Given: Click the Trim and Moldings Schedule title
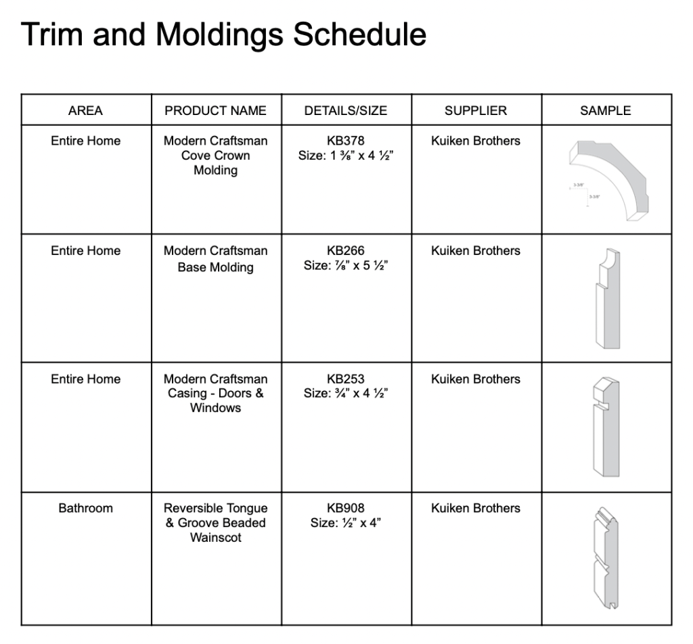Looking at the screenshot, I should coord(223,34).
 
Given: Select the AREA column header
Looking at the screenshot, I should coord(85,110).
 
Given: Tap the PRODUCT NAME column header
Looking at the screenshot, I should coord(215,110).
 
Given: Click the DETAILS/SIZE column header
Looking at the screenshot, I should coord(345,110).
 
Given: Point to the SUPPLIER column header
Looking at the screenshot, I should coord(475,110).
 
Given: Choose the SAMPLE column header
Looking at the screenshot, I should coord(605,110).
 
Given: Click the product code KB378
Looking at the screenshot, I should coord(345,141).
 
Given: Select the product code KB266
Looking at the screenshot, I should coord(345,250).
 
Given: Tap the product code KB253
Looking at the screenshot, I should coord(345,379).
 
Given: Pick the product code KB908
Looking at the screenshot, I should coord(345,508).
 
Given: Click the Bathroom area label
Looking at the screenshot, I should coord(85,508).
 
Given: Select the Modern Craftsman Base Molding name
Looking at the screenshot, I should coord(215,258).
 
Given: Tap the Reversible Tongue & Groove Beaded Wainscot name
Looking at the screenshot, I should coord(215,523).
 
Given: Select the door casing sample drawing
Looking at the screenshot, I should coord(605,427).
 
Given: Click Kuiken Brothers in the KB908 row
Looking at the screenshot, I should coord(475,508).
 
